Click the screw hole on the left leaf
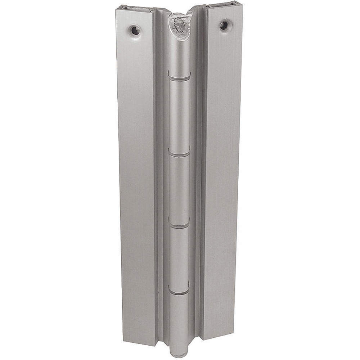135,30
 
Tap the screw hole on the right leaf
224,25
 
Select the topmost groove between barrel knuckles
179,77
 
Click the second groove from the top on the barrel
179,154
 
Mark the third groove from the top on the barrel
179,226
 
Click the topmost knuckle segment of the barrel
179,54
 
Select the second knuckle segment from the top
179,115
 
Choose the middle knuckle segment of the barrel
179,190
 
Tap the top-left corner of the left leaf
117,10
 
